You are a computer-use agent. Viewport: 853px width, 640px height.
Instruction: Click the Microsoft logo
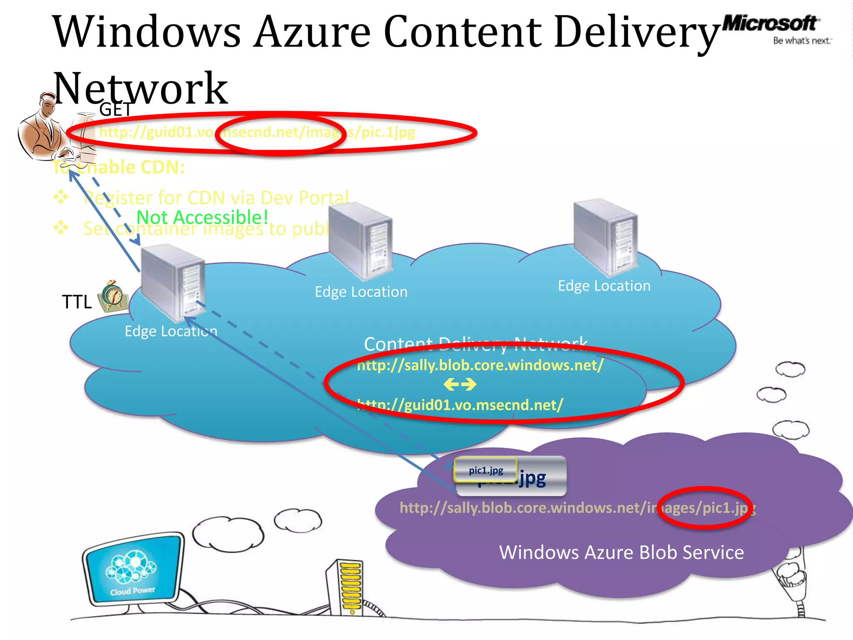pos(770,23)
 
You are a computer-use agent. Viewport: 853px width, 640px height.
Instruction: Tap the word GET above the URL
pos(115,110)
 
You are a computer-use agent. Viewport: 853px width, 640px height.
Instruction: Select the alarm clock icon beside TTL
pos(113,296)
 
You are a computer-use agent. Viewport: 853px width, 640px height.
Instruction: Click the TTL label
pos(77,302)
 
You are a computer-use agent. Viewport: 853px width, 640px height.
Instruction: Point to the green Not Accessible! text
pos(202,217)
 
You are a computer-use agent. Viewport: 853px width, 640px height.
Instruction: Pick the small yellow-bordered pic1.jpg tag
pos(486,470)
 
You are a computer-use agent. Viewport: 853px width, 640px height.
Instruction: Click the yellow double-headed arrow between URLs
pos(460,384)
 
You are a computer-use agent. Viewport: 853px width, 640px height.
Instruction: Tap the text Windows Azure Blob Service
pos(621,552)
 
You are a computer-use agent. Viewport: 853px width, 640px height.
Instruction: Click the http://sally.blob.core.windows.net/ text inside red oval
pos(480,365)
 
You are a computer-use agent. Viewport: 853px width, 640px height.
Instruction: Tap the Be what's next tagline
pos(802,41)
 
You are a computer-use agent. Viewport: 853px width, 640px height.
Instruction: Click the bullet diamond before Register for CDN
pos(61,197)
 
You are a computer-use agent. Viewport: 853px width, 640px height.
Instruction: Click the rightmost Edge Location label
pos(604,286)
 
